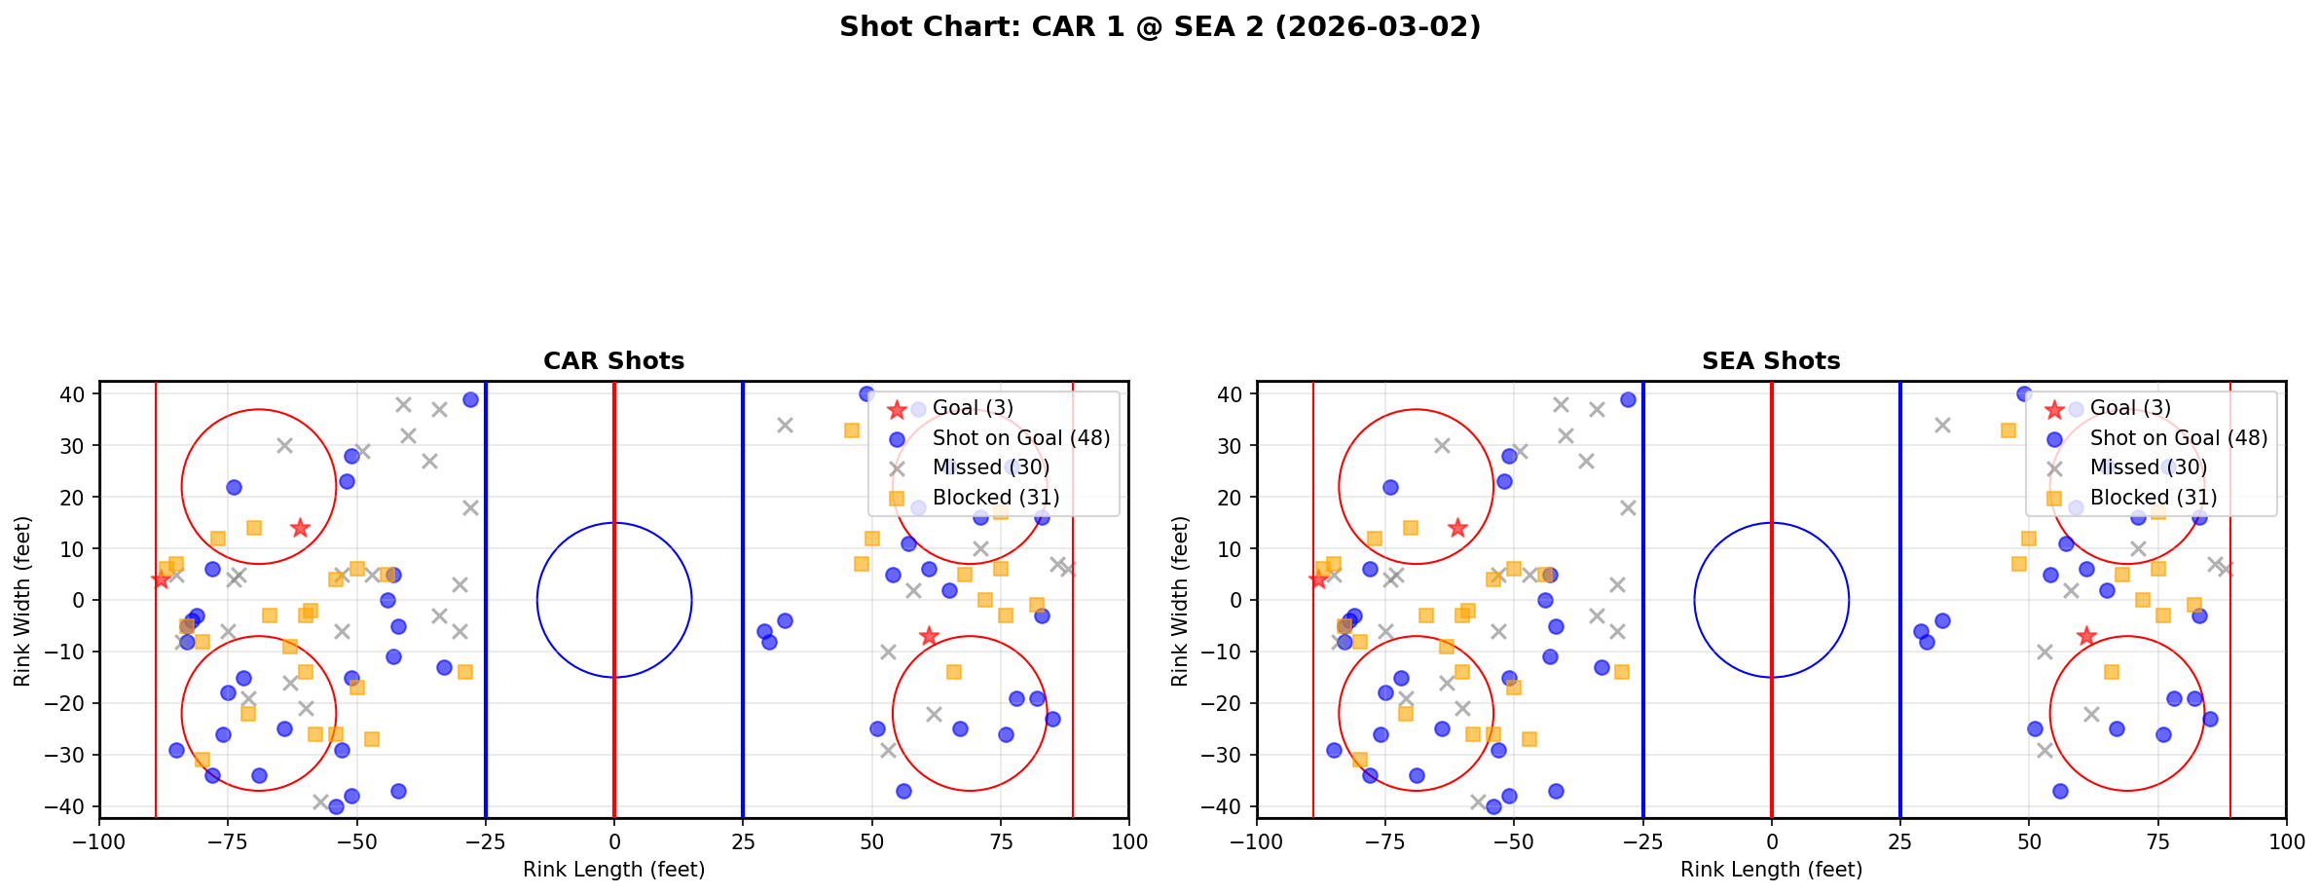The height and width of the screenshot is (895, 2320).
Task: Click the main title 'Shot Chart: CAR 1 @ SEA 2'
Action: (x=1160, y=26)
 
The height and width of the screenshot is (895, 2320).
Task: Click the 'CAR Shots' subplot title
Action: (x=613, y=361)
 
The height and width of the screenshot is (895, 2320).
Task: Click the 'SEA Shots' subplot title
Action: (x=1770, y=361)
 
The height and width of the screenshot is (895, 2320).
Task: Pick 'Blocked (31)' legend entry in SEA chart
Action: (x=2153, y=498)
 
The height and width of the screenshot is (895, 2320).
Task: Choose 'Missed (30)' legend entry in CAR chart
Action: (x=990, y=467)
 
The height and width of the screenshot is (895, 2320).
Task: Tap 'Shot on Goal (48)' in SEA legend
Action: (x=2178, y=438)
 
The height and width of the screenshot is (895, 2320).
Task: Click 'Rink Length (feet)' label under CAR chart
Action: (x=613, y=870)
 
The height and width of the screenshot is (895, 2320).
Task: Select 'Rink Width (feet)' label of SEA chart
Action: (x=1180, y=601)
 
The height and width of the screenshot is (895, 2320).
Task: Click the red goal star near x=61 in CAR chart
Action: (x=928, y=636)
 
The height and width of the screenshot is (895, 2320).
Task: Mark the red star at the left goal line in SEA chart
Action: (x=1317, y=579)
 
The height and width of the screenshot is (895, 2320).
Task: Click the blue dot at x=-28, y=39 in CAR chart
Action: (x=470, y=399)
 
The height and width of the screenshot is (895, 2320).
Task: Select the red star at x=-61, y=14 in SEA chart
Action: (x=1456, y=528)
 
